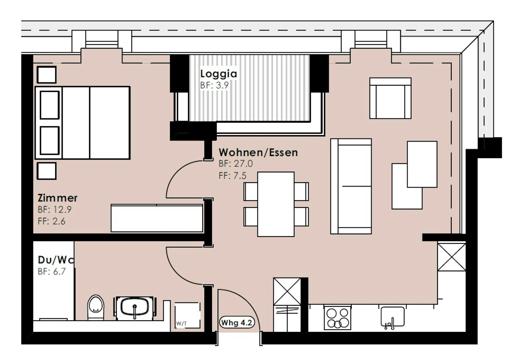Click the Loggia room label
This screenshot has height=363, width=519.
(218, 74)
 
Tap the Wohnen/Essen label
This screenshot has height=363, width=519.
(258, 152)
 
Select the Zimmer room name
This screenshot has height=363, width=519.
(58, 198)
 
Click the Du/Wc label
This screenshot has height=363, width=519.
(56, 260)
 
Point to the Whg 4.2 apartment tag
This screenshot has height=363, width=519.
(237, 323)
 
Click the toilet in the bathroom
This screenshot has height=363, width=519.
(96, 308)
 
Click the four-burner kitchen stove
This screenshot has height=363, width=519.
(338, 318)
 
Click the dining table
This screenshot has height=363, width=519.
(276, 204)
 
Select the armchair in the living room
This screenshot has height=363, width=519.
(390, 98)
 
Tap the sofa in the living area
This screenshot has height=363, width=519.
(351, 186)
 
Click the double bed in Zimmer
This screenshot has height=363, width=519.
(83, 123)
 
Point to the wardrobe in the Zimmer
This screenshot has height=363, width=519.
(157, 218)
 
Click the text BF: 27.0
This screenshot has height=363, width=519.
(235, 164)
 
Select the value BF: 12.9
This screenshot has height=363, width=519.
(55, 209)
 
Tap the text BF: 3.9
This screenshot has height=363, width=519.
(214, 85)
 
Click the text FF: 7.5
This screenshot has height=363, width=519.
(232, 176)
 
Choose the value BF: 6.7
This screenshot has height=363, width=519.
(52, 271)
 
